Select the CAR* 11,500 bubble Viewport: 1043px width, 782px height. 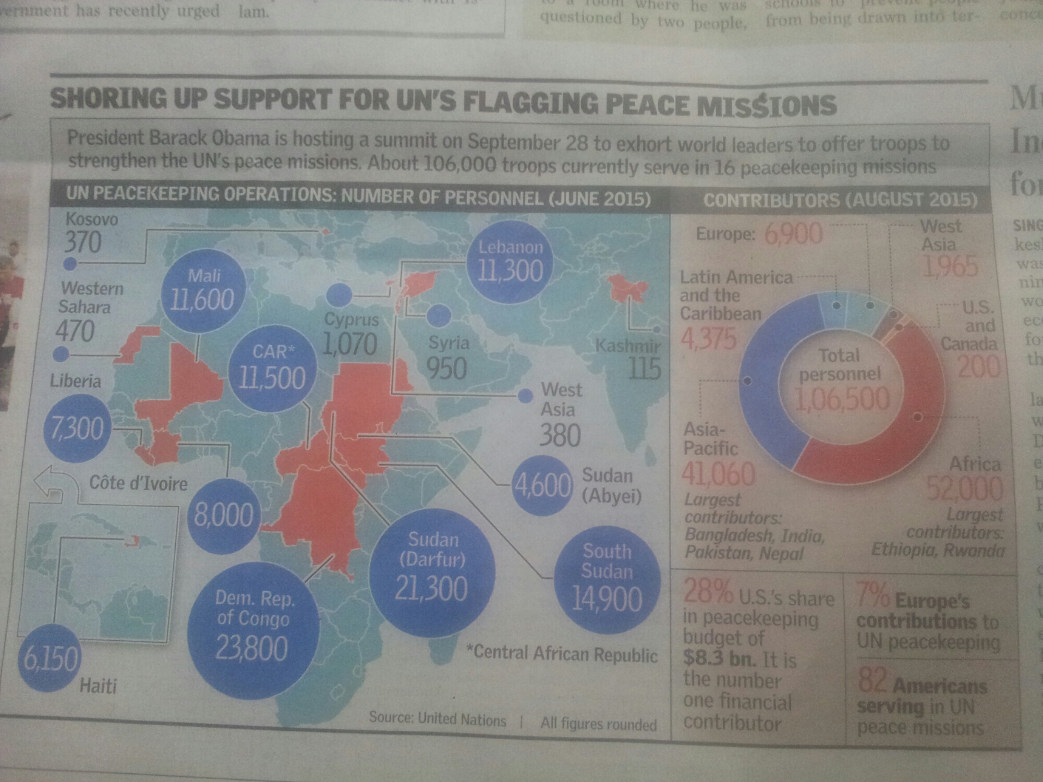click(x=272, y=368)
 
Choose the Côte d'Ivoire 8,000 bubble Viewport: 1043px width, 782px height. click(x=224, y=515)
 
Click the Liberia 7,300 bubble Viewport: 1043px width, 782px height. click(x=77, y=428)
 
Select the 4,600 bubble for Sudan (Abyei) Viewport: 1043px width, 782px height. click(x=542, y=485)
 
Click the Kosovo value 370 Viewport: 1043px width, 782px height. click(x=83, y=242)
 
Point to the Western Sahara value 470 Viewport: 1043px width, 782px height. click(x=75, y=331)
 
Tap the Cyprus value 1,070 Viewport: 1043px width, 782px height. click(x=350, y=344)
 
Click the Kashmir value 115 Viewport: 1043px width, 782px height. click(x=645, y=369)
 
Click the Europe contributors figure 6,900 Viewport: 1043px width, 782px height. click(x=793, y=234)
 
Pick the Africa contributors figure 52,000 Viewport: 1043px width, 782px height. click(x=965, y=488)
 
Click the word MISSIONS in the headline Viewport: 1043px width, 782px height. click(x=767, y=105)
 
